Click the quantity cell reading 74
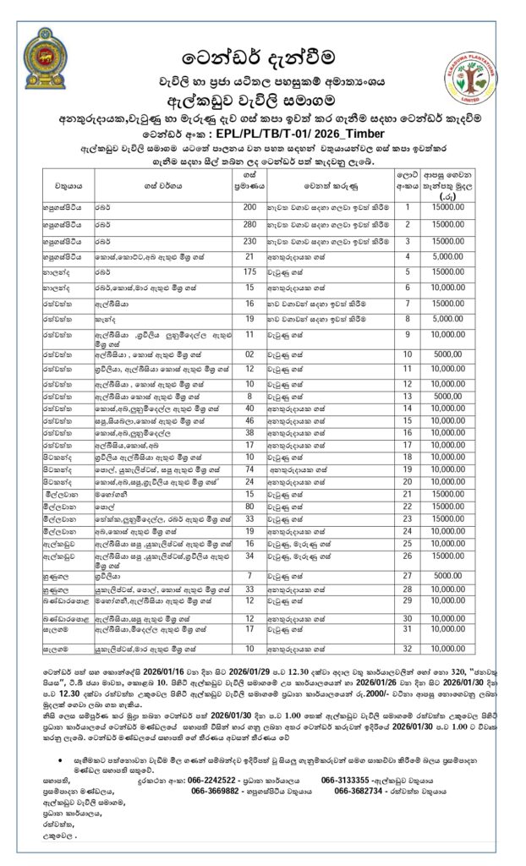pos(249,468)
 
